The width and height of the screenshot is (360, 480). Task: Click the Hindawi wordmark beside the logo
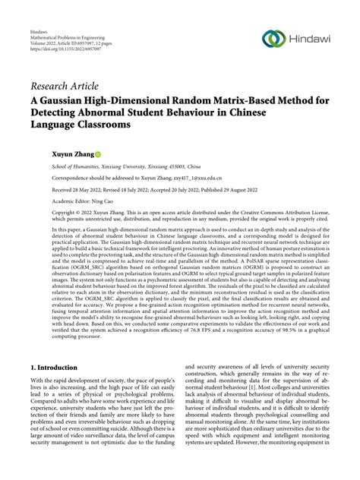pos(312,39)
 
